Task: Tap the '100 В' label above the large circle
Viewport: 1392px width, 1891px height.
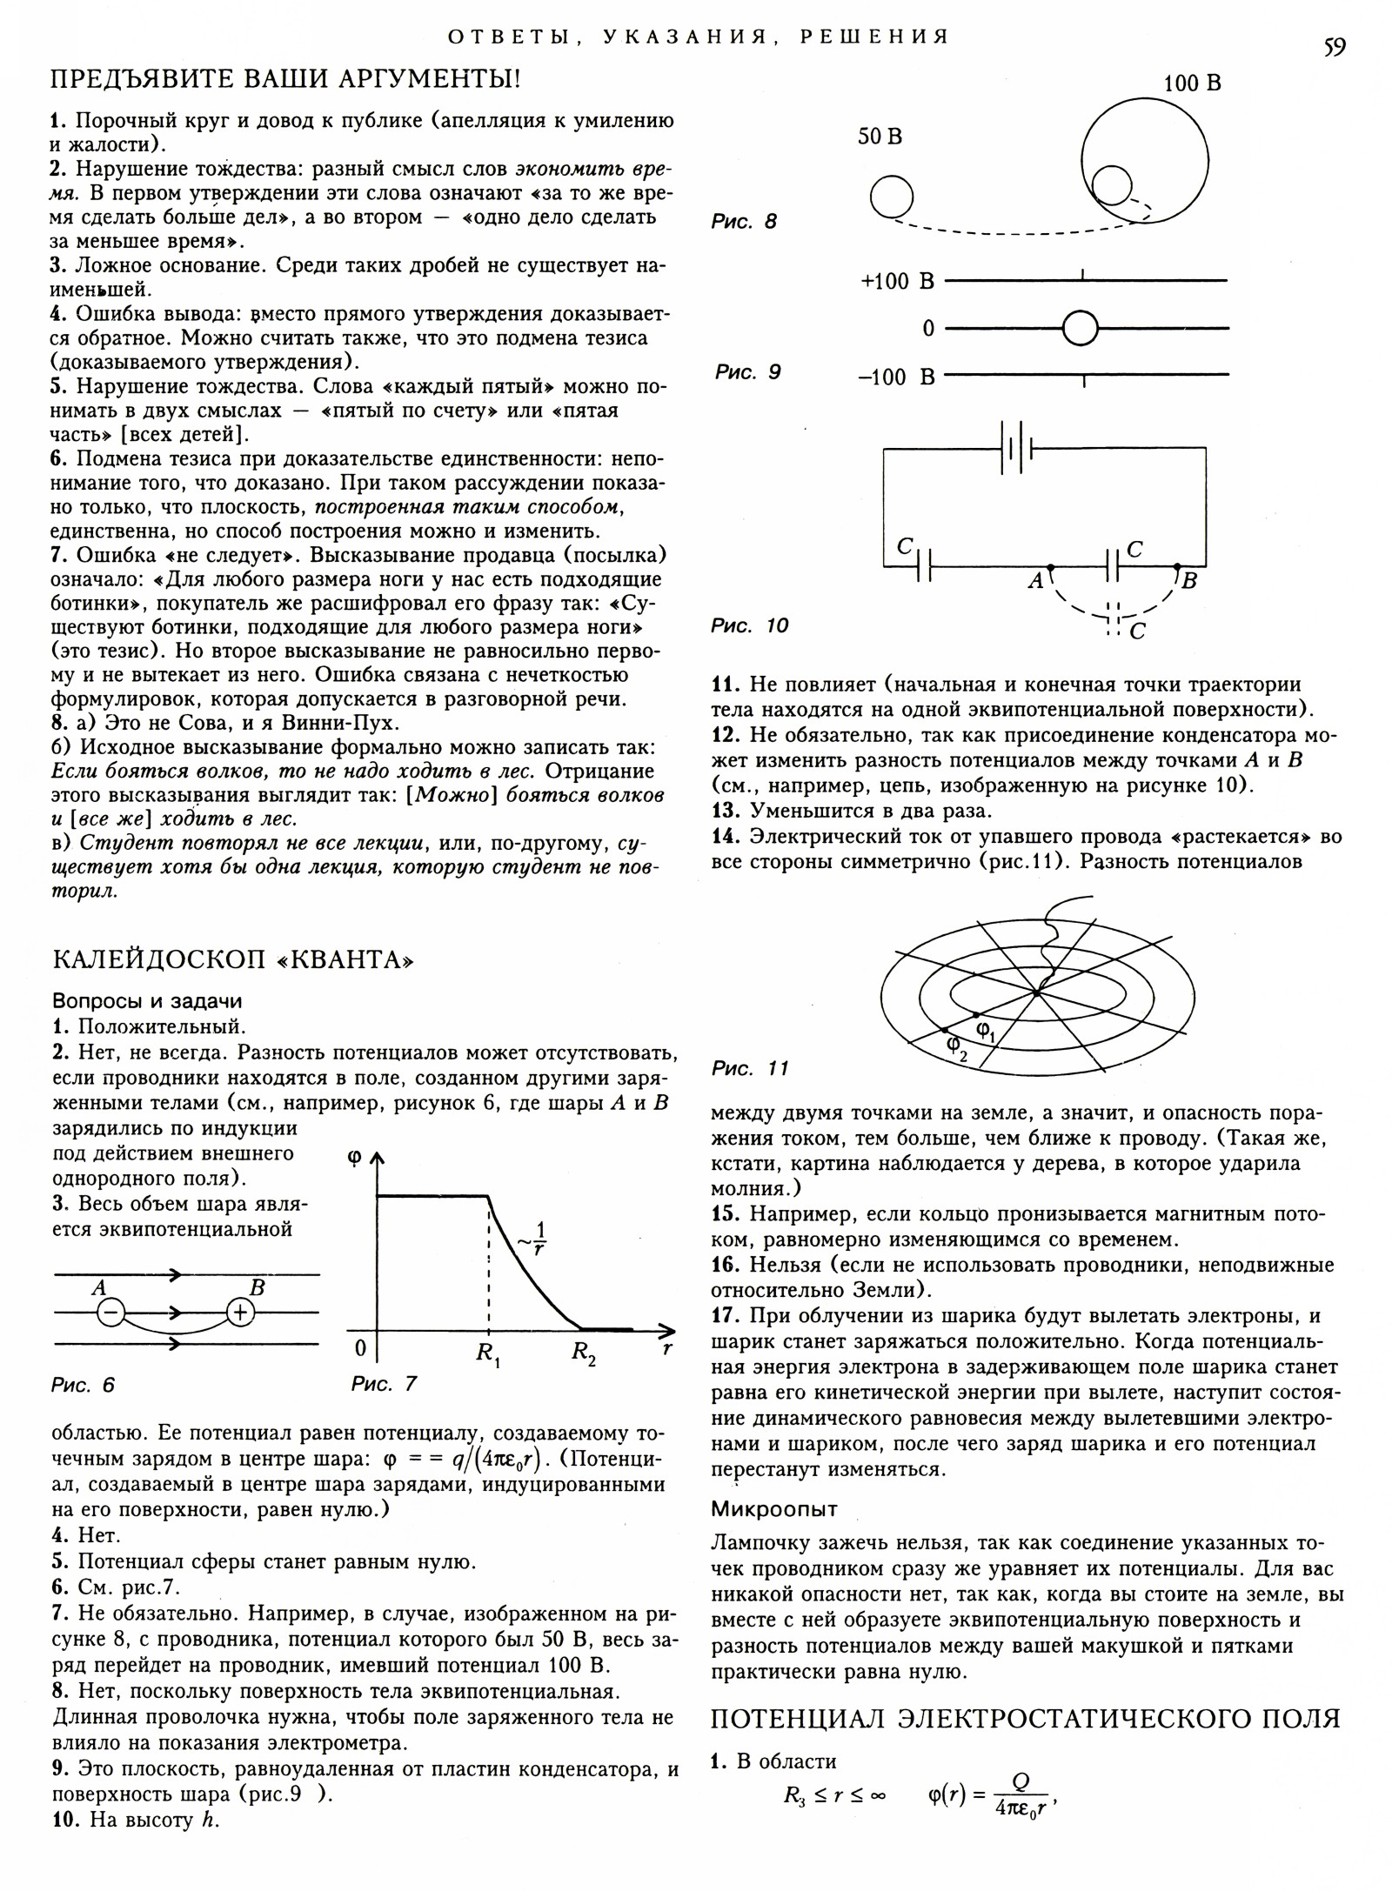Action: (1193, 84)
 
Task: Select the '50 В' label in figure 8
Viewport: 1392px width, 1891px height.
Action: (880, 137)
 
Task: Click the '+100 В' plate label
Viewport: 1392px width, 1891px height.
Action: (897, 281)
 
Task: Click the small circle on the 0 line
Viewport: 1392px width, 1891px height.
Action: (1081, 329)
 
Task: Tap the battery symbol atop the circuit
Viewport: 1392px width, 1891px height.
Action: (1016, 449)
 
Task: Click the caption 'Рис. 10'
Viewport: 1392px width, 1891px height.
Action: (750, 625)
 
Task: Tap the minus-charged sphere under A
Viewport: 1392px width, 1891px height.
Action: (110, 1313)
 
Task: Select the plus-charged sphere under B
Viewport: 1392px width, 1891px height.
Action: (241, 1313)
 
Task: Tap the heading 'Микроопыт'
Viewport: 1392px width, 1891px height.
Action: (774, 1508)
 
